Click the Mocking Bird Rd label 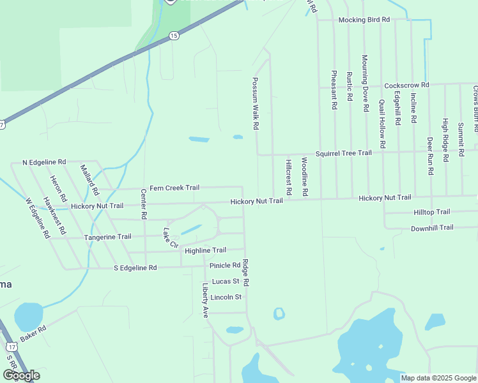(x=364, y=20)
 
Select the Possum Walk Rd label (x=255, y=105)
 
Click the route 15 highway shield (x=174, y=36)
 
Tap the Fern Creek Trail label (x=174, y=188)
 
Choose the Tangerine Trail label (x=107, y=237)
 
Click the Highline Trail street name (x=205, y=251)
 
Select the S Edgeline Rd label (x=135, y=268)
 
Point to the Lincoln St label (x=226, y=297)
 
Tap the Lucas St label (x=226, y=281)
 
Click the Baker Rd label (x=33, y=334)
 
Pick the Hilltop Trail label (x=432, y=212)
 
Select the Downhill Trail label (x=432, y=228)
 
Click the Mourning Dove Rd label (x=365, y=83)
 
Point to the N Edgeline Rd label (x=44, y=162)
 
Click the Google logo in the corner (x=20, y=375)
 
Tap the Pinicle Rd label (x=224, y=265)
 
